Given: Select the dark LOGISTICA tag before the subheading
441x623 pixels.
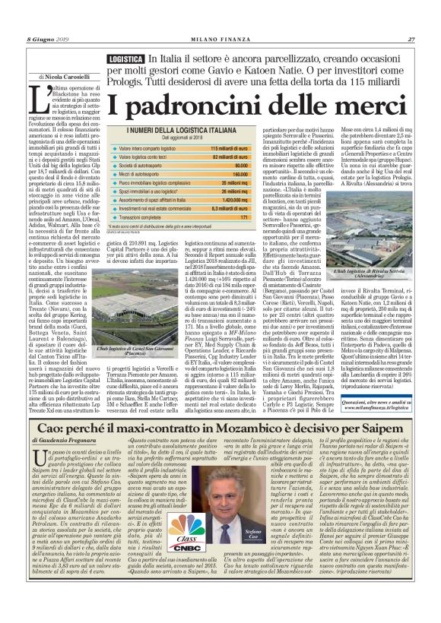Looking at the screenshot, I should click(x=125, y=59).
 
